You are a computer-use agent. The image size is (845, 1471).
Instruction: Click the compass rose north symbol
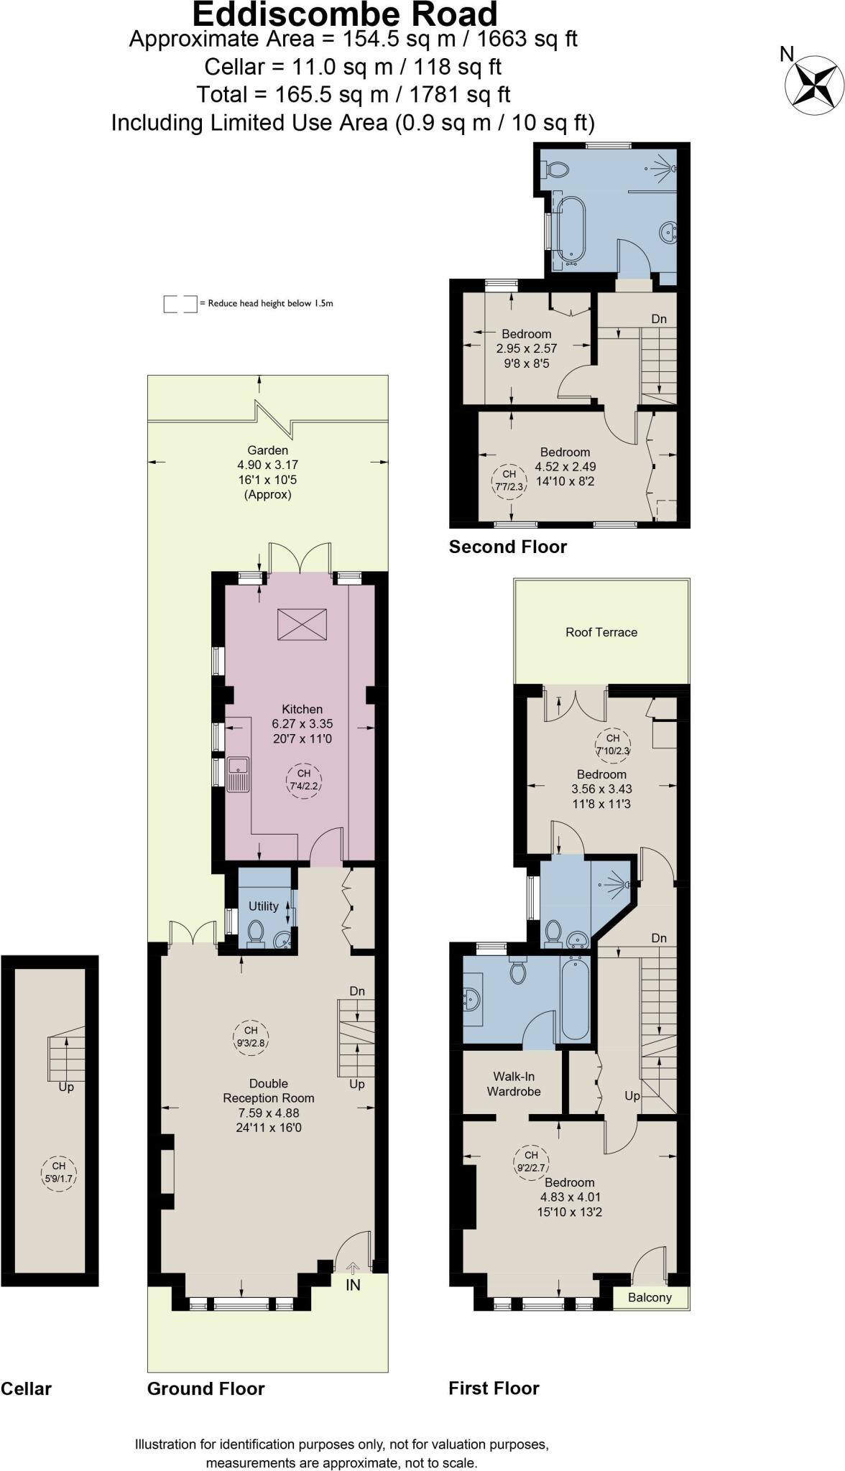click(814, 85)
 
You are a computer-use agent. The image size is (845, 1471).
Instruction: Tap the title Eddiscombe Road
click(345, 14)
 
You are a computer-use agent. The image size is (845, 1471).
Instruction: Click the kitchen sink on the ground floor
click(239, 774)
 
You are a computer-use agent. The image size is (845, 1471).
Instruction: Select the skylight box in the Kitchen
click(302, 623)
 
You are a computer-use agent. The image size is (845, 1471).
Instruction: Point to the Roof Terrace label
click(601, 632)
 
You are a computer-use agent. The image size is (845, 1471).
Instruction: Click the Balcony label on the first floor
click(650, 1297)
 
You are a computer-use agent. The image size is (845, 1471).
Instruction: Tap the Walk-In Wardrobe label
click(514, 1084)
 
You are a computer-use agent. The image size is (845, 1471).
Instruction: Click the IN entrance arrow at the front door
click(353, 1268)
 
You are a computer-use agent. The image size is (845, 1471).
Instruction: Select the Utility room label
click(263, 906)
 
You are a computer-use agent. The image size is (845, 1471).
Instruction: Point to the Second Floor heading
click(508, 547)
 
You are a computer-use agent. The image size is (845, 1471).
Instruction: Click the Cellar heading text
click(26, 1388)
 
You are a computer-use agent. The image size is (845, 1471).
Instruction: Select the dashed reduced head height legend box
click(180, 304)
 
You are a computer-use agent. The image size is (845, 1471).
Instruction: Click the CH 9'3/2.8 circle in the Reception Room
click(250, 1036)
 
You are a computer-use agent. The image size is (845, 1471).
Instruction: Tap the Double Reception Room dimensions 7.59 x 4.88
click(269, 1113)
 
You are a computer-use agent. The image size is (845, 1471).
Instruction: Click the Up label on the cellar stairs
click(66, 1087)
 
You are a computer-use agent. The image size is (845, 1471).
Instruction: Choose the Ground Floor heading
click(206, 1388)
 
